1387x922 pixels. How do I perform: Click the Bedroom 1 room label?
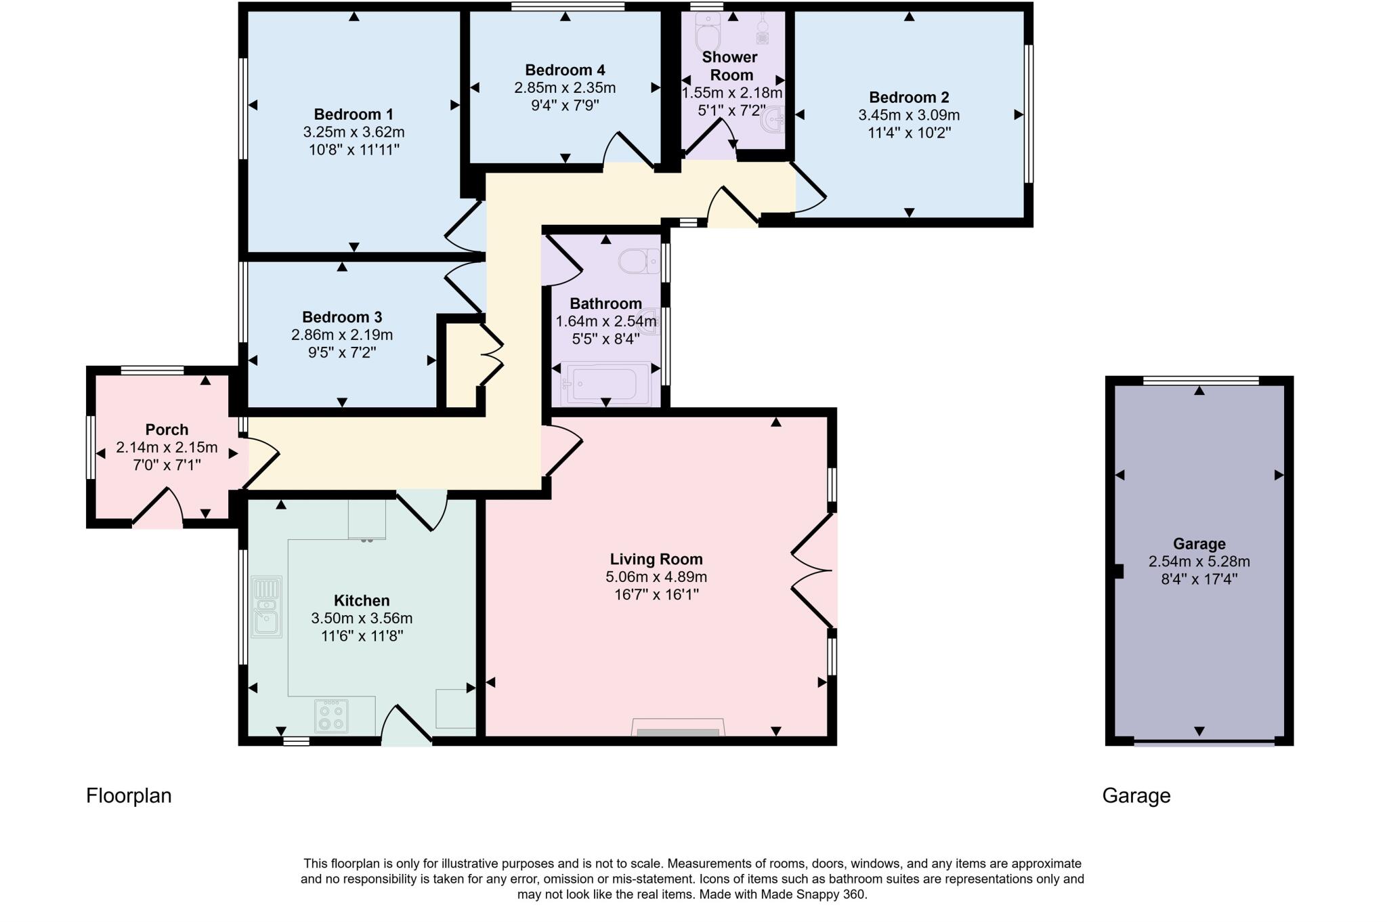[354, 114]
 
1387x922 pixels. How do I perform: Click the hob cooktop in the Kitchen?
[332, 716]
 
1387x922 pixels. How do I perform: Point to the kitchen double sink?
[266, 607]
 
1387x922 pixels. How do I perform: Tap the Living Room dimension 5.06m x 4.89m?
[656, 577]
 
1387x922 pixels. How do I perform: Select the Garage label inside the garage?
[1199, 544]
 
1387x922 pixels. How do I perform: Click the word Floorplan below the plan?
[129, 796]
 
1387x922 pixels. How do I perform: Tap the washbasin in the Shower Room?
[773, 122]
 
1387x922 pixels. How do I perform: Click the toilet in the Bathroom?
[639, 260]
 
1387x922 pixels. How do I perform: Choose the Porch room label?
[167, 429]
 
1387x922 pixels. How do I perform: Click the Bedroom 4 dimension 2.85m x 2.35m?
[565, 88]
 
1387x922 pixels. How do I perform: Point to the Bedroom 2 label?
[909, 98]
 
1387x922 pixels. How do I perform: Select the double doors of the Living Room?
[813, 571]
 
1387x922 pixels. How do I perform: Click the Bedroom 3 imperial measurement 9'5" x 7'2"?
[341, 352]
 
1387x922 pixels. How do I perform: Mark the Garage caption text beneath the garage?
[1136, 796]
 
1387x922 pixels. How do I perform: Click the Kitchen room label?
[362, 601]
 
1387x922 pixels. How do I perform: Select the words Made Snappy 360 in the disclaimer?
[813, 895]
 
